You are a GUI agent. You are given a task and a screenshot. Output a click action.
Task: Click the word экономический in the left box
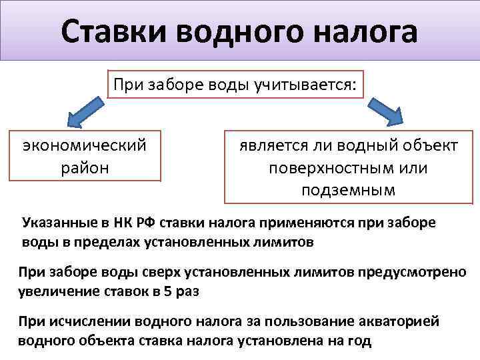pos(85,146)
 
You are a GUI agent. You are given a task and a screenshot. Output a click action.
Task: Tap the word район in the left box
pos(85,168)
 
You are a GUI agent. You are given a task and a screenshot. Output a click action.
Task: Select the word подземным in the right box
pos(348,191)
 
